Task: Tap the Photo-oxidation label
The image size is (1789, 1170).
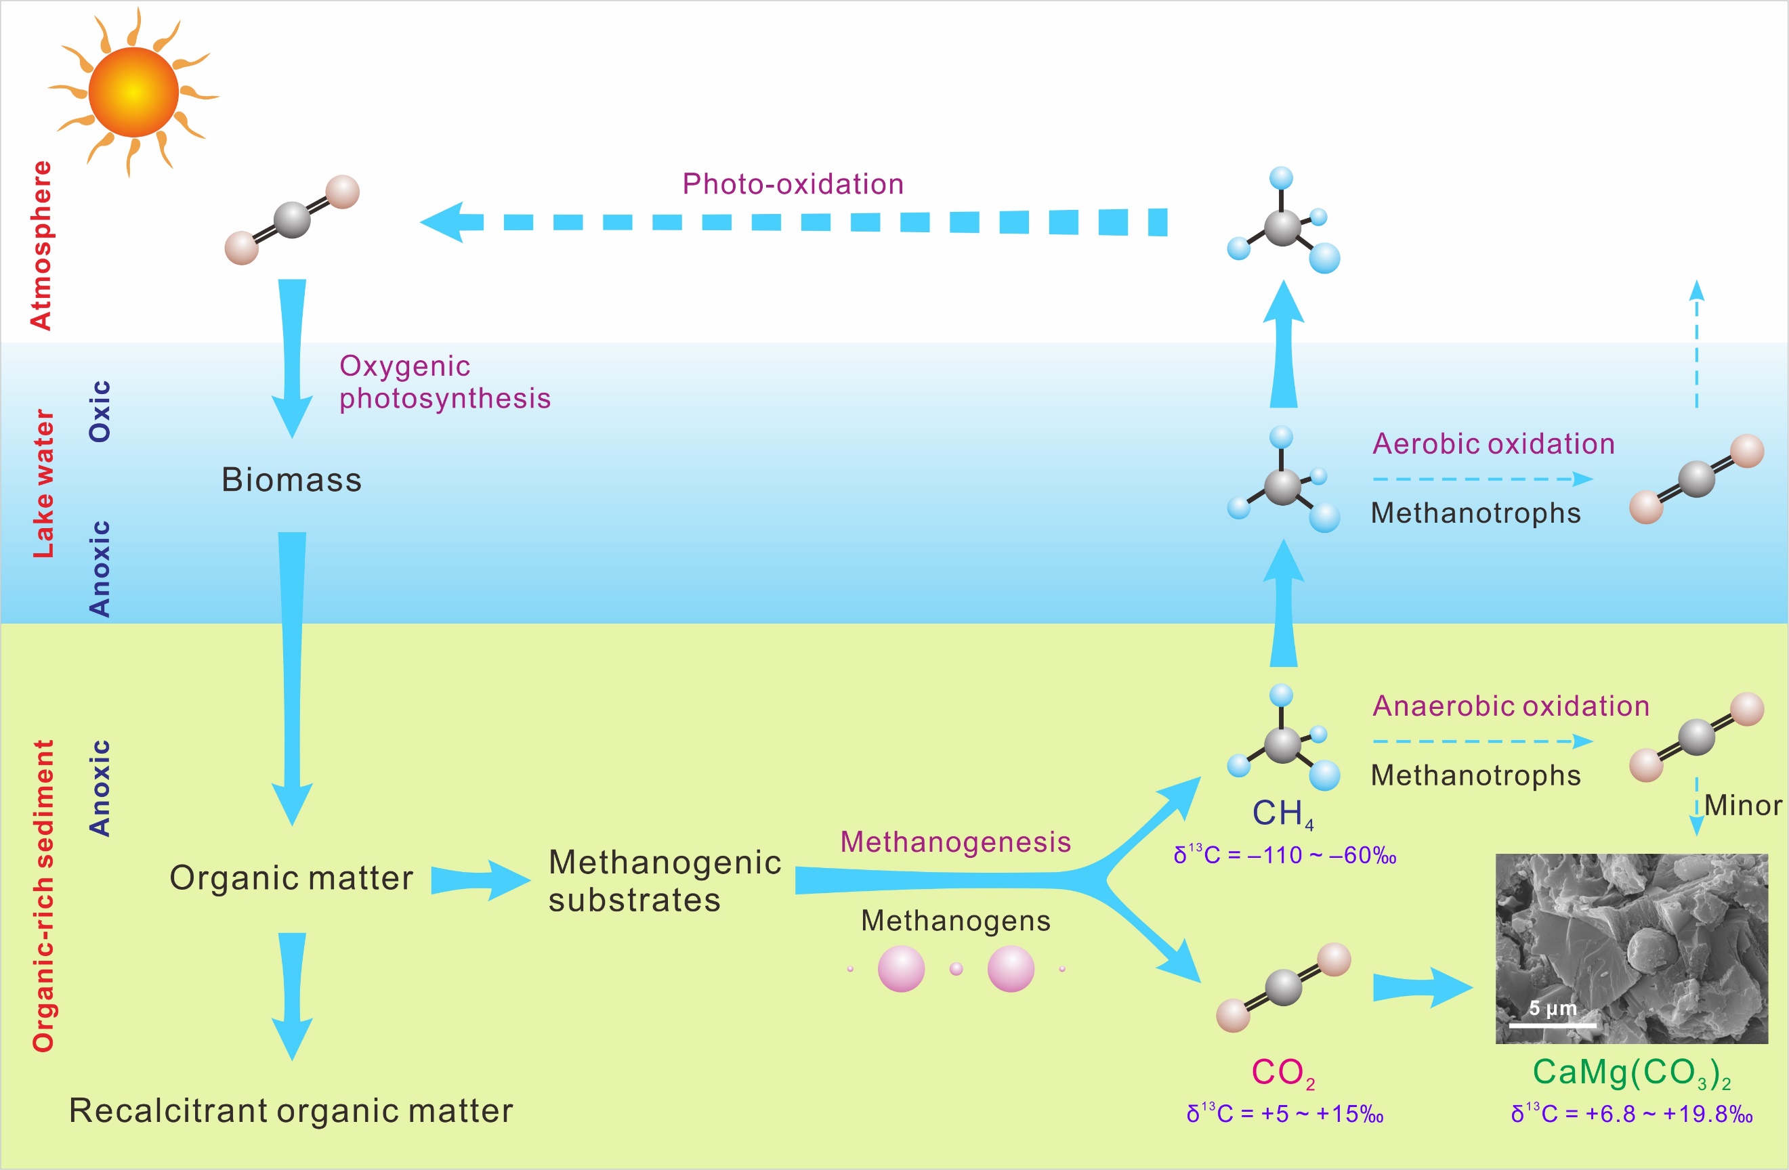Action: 793,184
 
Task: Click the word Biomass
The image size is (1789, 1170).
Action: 292,480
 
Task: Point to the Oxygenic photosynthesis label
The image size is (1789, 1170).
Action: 444,382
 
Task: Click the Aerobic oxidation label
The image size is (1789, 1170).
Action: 1493,444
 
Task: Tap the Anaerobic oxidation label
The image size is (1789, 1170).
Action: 1510,706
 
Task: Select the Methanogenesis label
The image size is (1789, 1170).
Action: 954,842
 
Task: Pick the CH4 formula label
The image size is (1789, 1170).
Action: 1282,814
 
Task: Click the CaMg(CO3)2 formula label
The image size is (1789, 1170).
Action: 1631,1073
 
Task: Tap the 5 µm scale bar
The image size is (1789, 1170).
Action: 1551,1024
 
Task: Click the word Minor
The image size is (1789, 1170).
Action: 1742,806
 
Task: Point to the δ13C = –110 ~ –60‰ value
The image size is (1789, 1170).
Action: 1284,855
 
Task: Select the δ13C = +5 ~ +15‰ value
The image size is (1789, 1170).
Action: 1284,1114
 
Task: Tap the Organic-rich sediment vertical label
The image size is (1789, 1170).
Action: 43,895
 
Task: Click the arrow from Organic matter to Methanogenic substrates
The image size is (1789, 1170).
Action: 481,880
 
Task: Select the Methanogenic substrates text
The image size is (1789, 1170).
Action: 665,881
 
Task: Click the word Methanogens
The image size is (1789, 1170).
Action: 954,922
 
